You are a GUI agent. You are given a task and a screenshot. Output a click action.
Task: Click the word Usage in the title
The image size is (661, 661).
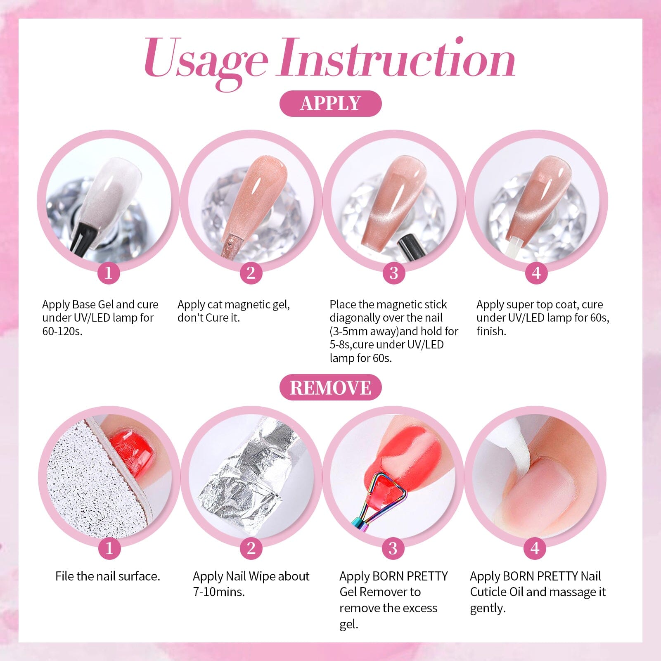point(205,60)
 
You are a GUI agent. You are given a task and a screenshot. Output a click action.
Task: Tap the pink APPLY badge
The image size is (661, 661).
point(330,103)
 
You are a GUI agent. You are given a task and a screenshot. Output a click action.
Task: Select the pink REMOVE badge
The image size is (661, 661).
point(330,387)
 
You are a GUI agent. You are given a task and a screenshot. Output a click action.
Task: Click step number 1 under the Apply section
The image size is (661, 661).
point(109,273)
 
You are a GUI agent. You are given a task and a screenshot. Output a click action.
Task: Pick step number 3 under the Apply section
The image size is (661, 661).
point(393,273)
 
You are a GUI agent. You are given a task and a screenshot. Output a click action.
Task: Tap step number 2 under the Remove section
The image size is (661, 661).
point(251,548)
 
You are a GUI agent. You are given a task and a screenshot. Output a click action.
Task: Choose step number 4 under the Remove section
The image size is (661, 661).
point(535,548)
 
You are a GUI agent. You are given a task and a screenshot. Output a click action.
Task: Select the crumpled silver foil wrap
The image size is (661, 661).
point(244,479)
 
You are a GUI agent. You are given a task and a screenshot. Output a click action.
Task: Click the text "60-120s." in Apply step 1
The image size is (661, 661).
point(62,331)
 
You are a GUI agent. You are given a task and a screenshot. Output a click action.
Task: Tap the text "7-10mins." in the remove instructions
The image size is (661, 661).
point(219,592)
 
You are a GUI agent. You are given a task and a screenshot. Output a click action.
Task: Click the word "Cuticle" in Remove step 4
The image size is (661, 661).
point(488,592)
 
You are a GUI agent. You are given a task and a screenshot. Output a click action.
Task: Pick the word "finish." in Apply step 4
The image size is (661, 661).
point(491,331)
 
